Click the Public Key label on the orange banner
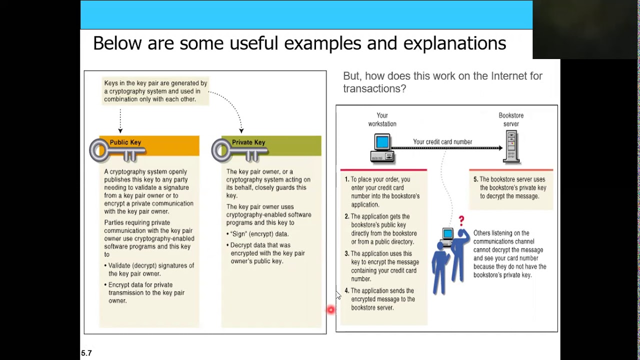125,142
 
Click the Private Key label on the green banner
248,142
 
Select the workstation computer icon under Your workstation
382,148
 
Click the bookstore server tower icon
511,146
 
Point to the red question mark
461,220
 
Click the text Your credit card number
442,142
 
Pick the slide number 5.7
86,353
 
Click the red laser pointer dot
330,310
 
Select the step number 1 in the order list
347,179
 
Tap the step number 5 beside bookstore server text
475,179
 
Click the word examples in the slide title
320,43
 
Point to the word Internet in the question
509,76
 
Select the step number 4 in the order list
346,291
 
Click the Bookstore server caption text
511,119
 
